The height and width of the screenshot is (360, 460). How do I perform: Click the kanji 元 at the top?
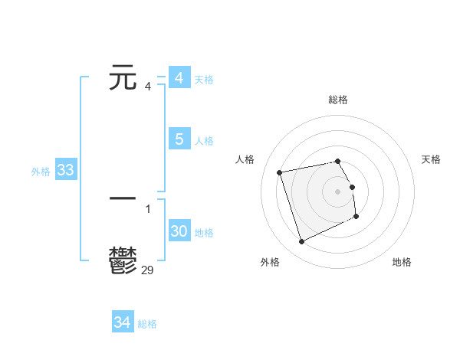pos(123,78)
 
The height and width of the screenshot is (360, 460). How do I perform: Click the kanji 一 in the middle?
pos(123,198)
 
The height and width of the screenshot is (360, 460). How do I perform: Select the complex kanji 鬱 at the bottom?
pos(123,260)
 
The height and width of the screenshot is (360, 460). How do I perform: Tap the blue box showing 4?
pos(179,78)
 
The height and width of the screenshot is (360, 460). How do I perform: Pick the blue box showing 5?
pos(179,139)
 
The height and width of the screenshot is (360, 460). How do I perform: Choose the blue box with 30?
pos(179,232)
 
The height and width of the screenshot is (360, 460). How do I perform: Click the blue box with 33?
pos(65,171)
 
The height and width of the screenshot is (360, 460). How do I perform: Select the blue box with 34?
pos(123,322)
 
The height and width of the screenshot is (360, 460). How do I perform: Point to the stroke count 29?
pos(148,270)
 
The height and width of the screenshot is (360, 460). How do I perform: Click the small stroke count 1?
pos(148,208)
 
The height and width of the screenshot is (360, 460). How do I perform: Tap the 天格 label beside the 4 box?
pos(204,80)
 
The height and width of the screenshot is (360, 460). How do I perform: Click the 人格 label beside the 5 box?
pos(204,141)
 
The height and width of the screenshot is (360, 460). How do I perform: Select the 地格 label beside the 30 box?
pos(204,233)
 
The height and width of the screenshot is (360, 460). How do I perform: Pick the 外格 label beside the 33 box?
pos(41,172)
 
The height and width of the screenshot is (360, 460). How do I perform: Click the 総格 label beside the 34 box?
pos(147,324)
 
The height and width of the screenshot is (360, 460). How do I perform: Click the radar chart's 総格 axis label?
pos(338,100)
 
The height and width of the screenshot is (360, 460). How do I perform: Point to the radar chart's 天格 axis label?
pos(432,159)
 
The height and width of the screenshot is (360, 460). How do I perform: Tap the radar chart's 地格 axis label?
pos(402,262)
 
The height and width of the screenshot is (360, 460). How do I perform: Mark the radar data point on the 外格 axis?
pos(301,242)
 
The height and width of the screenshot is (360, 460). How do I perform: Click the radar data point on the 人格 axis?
pos(280,172)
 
